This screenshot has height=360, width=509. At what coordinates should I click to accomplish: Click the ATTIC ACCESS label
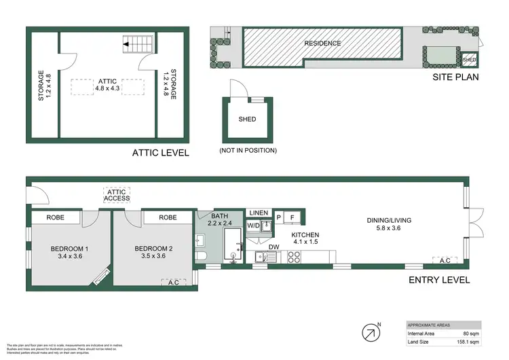pos(115,196)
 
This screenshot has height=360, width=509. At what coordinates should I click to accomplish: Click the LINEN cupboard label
pos(259,213)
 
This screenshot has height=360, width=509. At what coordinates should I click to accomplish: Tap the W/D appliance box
pos(252,225)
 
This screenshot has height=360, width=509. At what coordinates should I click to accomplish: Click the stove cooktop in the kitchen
pos(295,257)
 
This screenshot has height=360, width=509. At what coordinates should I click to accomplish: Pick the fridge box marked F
pos(292,218)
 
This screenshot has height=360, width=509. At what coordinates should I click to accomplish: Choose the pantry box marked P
pos(278,218)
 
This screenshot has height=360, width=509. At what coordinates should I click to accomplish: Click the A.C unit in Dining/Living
pos(445,260)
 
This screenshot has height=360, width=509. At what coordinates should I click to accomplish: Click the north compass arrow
pos(371,333)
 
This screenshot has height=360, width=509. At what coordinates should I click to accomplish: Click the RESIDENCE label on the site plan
pos(322,43)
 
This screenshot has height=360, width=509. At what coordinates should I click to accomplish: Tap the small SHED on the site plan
pos(469,60)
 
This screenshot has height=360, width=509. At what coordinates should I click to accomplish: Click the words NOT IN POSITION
pos(248,150)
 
